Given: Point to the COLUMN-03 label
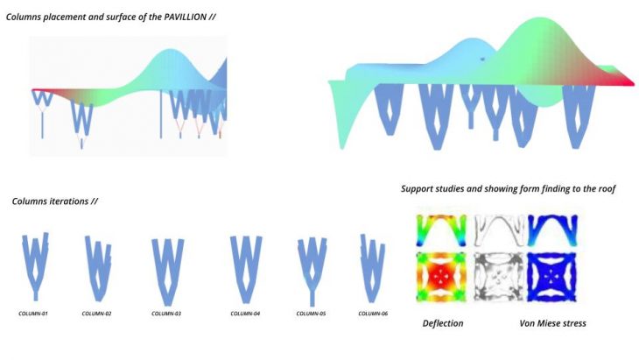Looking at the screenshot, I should [165, 313].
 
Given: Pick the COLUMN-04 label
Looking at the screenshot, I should [244, 313].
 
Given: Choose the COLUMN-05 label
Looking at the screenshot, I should [310, 313].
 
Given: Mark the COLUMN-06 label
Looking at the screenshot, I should [372, 313].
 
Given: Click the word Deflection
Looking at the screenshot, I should [442, 324].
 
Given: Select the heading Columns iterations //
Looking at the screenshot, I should [54, 201].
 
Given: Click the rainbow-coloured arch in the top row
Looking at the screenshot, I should [442, 230].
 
